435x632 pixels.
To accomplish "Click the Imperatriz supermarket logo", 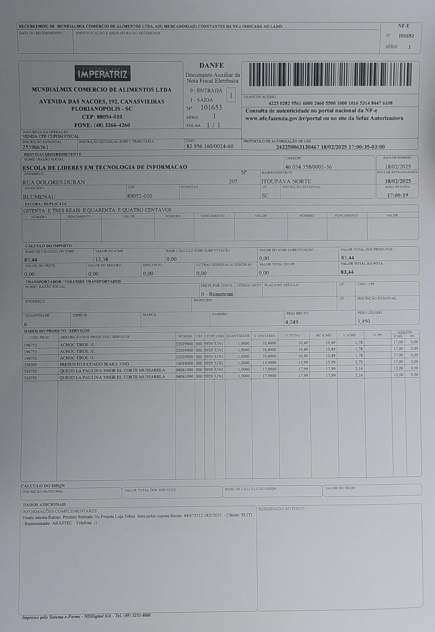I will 102,73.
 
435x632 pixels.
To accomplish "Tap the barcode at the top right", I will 330,74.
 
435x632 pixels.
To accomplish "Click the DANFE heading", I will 211,65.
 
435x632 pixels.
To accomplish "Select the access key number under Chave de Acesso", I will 330,103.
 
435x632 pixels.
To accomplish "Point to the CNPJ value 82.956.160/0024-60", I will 209,146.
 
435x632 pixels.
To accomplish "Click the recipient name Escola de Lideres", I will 105,167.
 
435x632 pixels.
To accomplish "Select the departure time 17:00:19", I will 397,195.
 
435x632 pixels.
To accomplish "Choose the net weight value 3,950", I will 364,321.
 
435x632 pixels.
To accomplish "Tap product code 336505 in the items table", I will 31,364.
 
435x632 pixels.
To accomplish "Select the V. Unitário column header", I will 264,336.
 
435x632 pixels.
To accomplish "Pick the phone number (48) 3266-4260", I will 102,125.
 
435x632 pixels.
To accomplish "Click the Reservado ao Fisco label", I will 281,508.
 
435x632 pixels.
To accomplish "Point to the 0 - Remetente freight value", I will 217,294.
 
